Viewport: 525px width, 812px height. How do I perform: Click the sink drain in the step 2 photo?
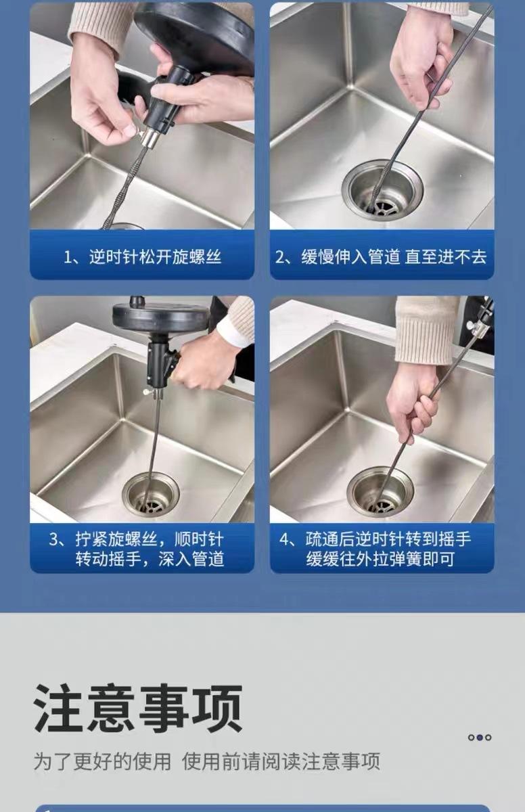382,188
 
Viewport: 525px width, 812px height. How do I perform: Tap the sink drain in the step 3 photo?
151,494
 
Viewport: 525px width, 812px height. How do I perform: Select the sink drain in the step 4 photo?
380,492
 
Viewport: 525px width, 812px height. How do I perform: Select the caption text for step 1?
142,256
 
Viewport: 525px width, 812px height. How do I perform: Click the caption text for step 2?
381,256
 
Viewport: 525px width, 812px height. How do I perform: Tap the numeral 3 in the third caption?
53,539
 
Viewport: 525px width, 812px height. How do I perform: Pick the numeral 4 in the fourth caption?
284,539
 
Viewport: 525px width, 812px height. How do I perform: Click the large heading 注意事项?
138,707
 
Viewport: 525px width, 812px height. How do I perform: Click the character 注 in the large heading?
58,707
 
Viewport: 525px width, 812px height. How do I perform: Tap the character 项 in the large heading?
216,707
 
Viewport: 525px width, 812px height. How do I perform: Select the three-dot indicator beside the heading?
480,738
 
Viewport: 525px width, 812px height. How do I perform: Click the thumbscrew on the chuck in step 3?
147,392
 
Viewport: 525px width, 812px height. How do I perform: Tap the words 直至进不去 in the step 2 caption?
446,256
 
